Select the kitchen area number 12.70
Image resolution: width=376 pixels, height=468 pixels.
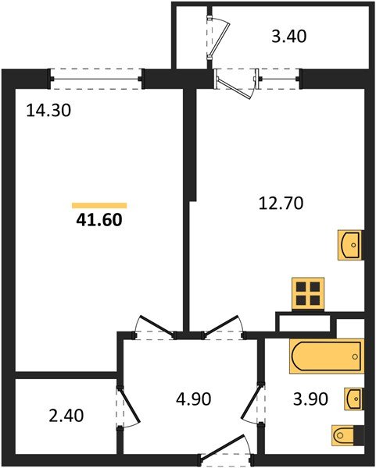click(x=281, y=204)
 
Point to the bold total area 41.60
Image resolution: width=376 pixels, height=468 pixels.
click(x=98, y=220)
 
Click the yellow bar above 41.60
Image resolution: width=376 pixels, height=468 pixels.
click(x=98, y=205)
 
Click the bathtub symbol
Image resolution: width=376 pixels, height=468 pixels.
click(x=326, y=357)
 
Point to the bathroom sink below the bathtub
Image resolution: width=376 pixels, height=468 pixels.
click(x=353, y=399)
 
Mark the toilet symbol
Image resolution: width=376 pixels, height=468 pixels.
click(x=346, y=434)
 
